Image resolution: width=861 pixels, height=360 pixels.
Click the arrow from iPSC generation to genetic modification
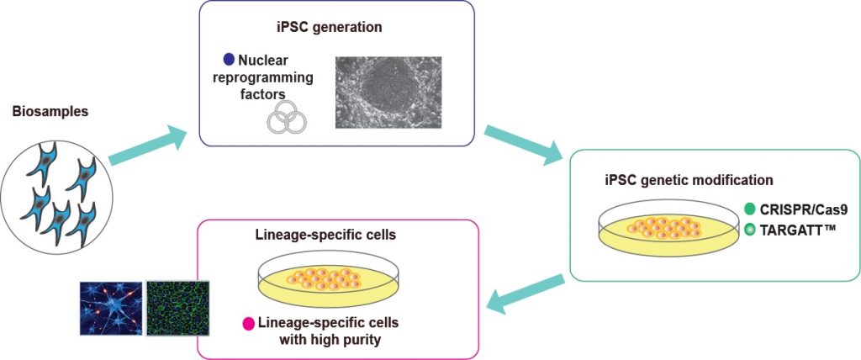[525, 144]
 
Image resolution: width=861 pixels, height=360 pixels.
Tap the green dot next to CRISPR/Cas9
[750, 209]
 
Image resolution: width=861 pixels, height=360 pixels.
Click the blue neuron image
[111, 307]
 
